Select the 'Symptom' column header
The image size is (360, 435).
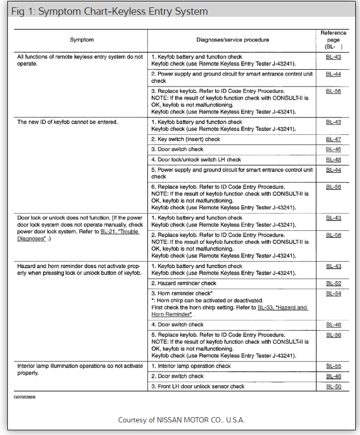click(x=81, y=40)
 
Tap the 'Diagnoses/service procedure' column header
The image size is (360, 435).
click(x=232, y=40)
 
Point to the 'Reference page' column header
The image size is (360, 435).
click(x=333, y=39)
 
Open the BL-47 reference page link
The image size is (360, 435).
click(x=333, y=140)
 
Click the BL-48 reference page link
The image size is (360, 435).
click(x=333, y=160)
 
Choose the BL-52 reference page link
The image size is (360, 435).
click(x=333, y=283)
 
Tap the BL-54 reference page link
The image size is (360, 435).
click(x=333, y=293)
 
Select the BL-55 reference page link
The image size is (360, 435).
click(x=333, y=366)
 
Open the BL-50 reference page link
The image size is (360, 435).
click(x=333, y=387)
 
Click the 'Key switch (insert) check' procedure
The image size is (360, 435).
click(x=186, y=140)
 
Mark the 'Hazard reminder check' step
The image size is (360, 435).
click(x=184, y=283)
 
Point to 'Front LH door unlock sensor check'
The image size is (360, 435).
click(x=198, y=387)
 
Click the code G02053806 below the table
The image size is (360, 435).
click(x=25, y=397)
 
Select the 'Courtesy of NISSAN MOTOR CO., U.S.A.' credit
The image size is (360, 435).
click(x=181, y=420)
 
